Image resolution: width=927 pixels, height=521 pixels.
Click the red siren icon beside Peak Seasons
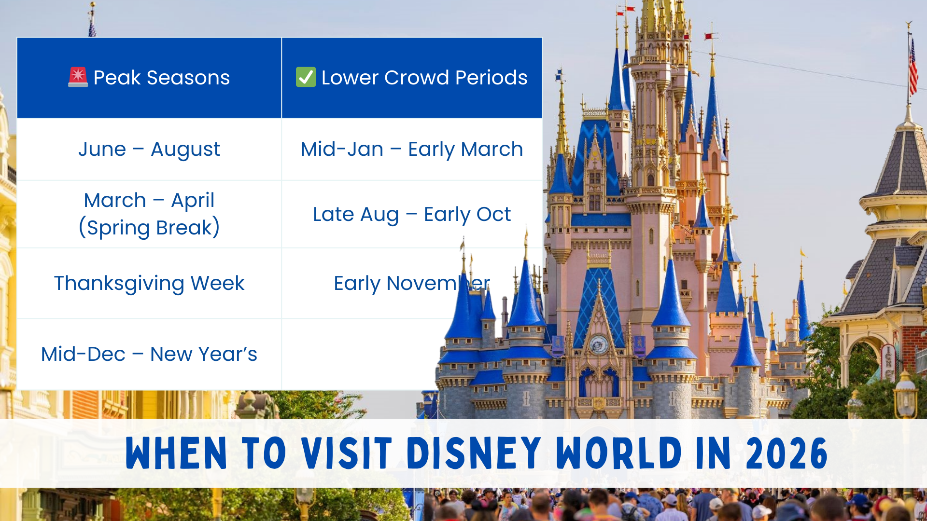click(x=78, y=77)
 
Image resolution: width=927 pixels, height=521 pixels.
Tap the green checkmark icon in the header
click(x=306, y=77)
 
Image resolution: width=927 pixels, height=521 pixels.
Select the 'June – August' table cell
click(x=149, y=149)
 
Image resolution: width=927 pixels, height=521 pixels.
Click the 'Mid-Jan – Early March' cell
click(x=411, y=149)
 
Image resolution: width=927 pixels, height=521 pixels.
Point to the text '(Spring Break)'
click(x=149, y=228)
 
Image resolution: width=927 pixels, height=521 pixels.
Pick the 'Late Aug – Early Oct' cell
click(x=411, y=214)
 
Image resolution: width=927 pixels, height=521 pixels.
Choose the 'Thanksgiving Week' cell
click(x=149, y=283)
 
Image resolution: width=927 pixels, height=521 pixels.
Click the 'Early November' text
click(x=411, y=283)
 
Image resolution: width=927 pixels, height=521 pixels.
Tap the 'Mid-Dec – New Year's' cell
click(x=149, y=354)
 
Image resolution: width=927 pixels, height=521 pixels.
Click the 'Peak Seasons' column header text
click(x=161, y=78)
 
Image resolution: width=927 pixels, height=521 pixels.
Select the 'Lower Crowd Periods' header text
click(x=424, y=78)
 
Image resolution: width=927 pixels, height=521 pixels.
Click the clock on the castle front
click(x=599, y=345)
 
